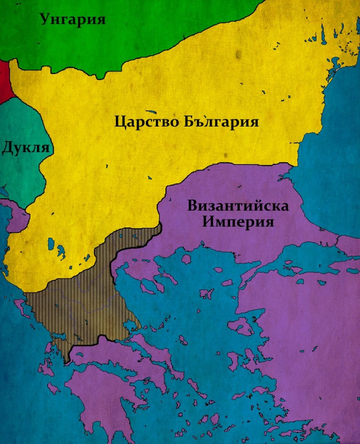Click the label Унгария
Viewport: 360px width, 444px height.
[x=73, y=19]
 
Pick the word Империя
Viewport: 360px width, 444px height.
[x=239, y=222]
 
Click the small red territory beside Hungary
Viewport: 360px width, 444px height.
[x=5, y=81]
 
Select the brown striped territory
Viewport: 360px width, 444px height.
[x=82, y=299]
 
